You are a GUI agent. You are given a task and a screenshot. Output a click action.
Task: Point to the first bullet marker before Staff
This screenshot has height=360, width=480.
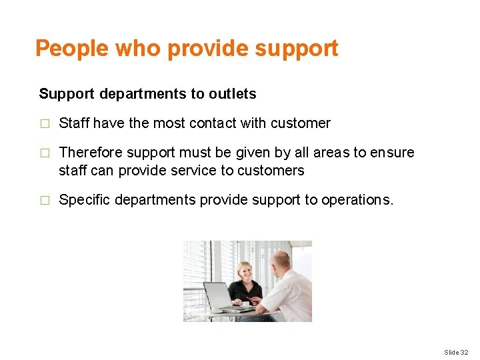44,123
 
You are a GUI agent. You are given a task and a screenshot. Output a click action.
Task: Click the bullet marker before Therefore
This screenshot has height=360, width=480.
44,153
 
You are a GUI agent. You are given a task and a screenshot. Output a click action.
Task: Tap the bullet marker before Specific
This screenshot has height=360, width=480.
44,200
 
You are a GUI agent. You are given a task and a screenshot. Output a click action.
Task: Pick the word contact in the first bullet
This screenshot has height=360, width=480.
213,123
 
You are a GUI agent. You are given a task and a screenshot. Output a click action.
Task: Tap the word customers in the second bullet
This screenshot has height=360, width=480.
272,171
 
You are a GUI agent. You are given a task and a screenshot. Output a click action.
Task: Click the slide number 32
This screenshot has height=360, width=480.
464,351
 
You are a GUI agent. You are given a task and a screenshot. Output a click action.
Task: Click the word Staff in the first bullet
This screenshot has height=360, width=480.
74,123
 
